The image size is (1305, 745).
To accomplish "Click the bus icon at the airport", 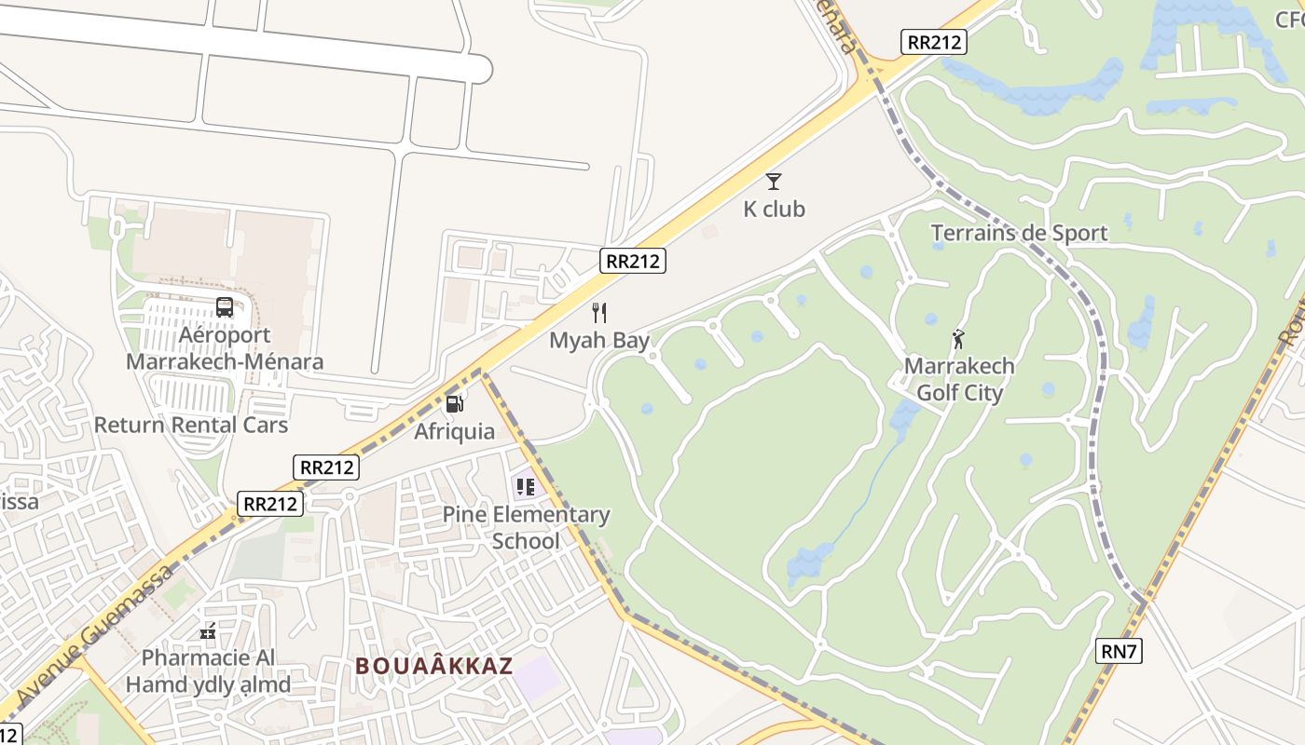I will tap(225, 307).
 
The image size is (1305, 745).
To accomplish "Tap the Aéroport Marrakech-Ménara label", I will tap(225, 348).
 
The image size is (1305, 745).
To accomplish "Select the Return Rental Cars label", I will tap(191, 425).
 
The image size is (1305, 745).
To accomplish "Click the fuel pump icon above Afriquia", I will tap(455, 403).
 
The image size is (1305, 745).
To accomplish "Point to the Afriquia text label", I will tap(455, 432).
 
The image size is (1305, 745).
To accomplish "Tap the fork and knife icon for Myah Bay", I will tap(599, 313).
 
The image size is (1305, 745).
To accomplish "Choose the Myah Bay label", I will tap(599, 341).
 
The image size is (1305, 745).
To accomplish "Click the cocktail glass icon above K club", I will tap(774, 182).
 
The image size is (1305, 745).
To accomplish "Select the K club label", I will tap(774, 210).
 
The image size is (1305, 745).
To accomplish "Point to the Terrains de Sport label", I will tap(1021, 233).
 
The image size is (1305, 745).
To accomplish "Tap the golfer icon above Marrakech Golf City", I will tap(958, 339).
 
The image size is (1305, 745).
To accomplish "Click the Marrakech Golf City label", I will tap(959, 379).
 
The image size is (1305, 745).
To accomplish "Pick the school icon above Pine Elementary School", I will tap(526, 486).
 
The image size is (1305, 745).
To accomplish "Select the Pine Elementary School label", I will tap(526, 527).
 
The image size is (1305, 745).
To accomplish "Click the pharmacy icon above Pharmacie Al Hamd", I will tap(208, 631).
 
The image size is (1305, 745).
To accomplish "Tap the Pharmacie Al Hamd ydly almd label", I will tap(208, 671).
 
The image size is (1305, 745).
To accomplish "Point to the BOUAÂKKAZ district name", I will tap(434, 666).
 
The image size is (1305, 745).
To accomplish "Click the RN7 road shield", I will tap(1119, 651).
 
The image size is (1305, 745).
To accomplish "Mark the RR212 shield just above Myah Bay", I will tap(633, 261).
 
